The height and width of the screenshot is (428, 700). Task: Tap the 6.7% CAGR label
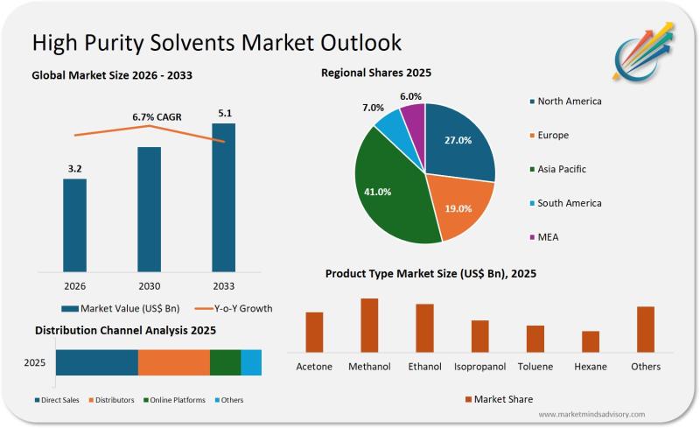157,116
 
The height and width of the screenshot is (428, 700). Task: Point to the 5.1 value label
224,113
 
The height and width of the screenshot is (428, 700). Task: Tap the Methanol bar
369,325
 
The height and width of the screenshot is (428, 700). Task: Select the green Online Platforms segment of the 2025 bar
225,362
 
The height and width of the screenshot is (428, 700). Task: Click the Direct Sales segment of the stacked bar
97,362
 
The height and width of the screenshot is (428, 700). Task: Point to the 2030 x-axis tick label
150,284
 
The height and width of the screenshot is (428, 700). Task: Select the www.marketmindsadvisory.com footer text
595,414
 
